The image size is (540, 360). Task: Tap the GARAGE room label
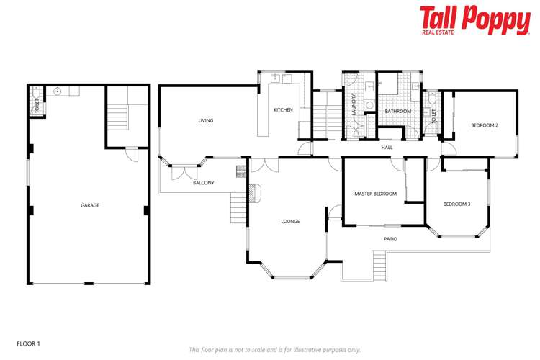click(x=89, y=205)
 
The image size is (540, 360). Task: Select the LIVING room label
click(x=206, y=120)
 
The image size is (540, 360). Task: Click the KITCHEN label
click(x=282, y=109)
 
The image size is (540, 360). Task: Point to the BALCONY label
click(x=203, y=183)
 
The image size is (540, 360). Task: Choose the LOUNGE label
click(x=290, y=221)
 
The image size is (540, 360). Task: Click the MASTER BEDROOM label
click(x=375, y=194)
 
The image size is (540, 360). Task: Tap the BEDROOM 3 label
click(x=456, y=204)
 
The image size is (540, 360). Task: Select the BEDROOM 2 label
click(x=485, y=125)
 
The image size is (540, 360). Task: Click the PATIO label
click(x=390, y=239)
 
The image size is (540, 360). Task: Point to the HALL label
click(x=387, y=148)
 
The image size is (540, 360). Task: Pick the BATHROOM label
click(x=397, y=112)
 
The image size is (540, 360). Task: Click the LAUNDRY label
click(x=354, y=106)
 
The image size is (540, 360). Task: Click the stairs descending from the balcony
click(x=238, y=210)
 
